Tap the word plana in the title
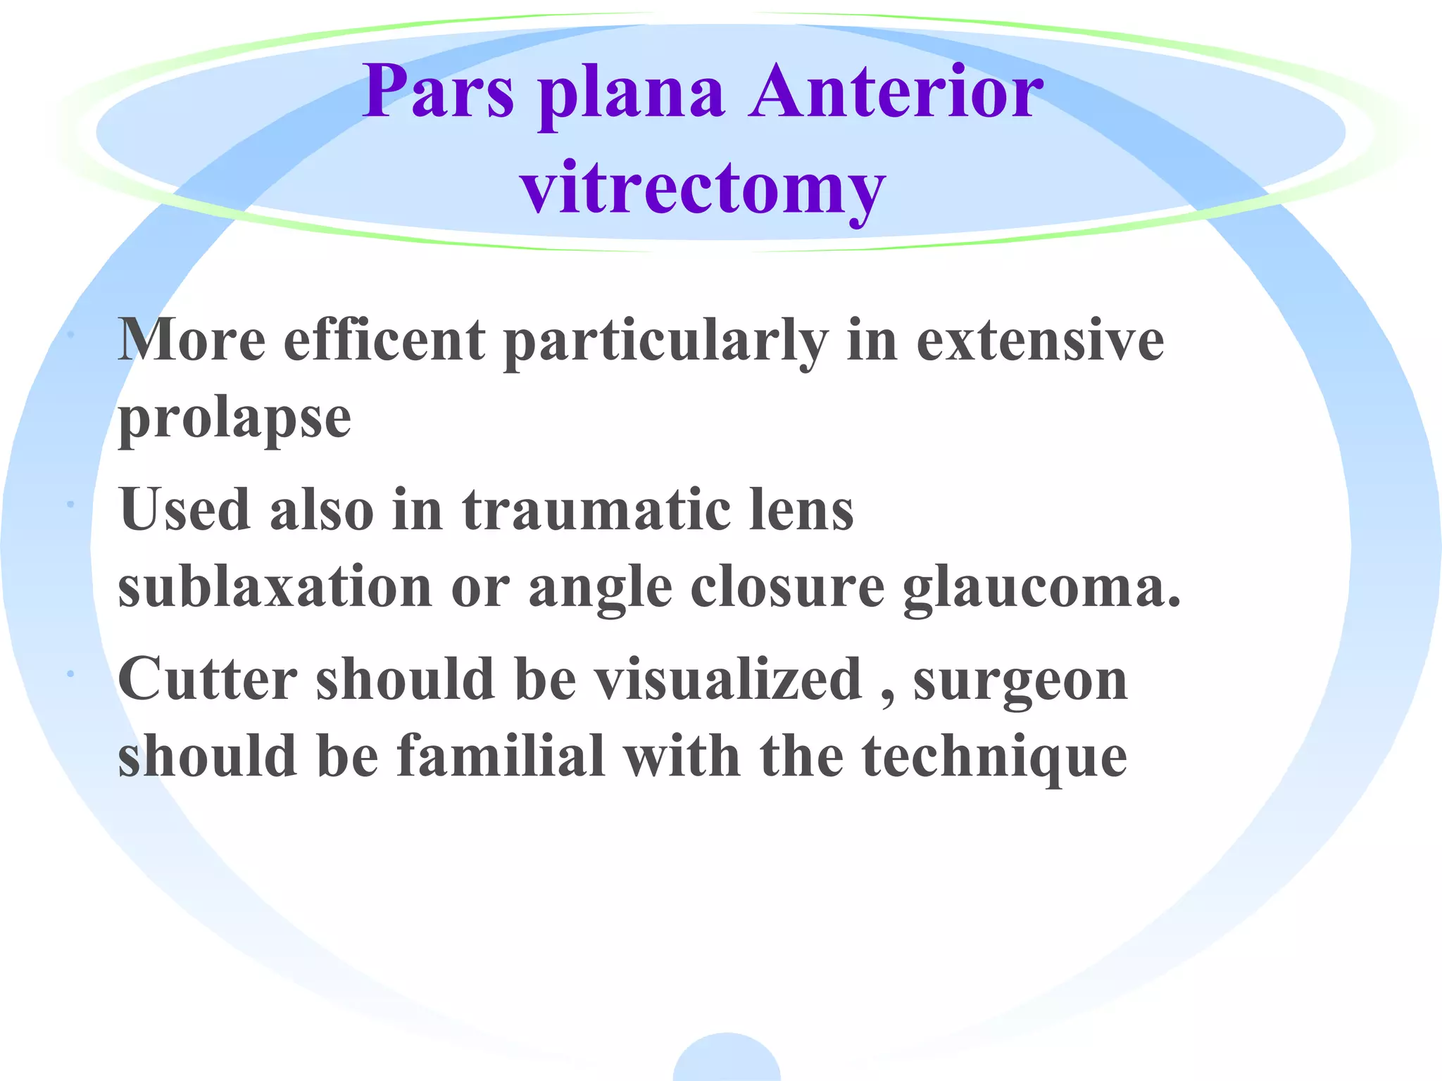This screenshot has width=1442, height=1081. click(632, 95)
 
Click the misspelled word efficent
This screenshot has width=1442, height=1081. click(384, 341)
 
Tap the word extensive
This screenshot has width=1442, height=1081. click(1040, 341)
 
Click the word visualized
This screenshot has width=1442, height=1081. click(728, 679)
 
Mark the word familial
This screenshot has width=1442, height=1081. click(501, 757)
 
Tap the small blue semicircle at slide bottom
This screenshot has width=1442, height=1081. click(727, 1060)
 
